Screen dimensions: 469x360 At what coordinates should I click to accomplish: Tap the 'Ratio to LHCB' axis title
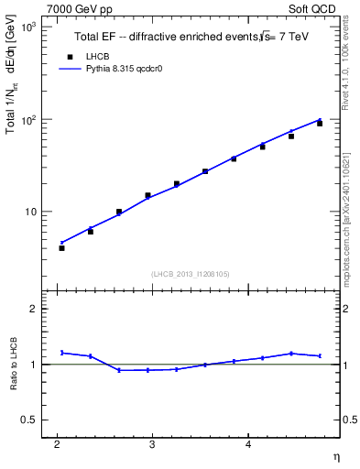pyautogui.click(x=14, y=365)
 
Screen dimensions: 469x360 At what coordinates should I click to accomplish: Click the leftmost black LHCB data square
pyautogui.click(x=62, y=248)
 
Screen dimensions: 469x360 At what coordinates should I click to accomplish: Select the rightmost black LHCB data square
pyautogui.click(x=320, y=124)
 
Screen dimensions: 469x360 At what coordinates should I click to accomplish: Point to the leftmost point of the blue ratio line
pyautogui.click(x=62, y=353)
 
